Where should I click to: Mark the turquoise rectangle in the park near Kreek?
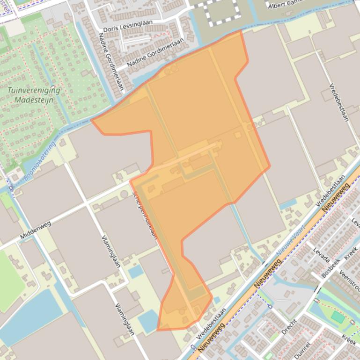338,317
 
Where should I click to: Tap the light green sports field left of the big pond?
9,281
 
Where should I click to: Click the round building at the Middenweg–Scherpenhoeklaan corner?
124,194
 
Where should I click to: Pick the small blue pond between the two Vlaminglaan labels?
135,271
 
